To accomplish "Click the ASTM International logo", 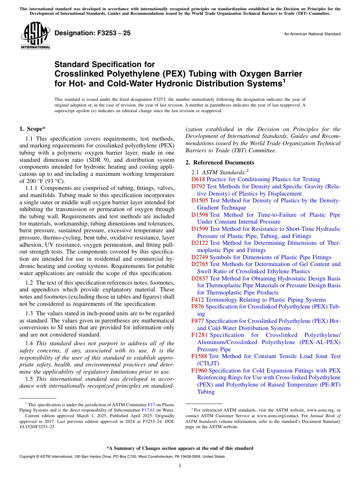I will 35,36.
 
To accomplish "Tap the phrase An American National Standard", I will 312,34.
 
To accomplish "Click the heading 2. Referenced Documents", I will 219,163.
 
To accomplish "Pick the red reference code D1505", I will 200,200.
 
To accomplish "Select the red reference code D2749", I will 200,257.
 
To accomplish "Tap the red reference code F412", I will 198,300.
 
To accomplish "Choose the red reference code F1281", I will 200,335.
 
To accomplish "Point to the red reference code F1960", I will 199,371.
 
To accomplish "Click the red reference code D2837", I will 200,279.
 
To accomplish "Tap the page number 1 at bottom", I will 180,466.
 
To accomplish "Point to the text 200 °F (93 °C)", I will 42,181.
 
